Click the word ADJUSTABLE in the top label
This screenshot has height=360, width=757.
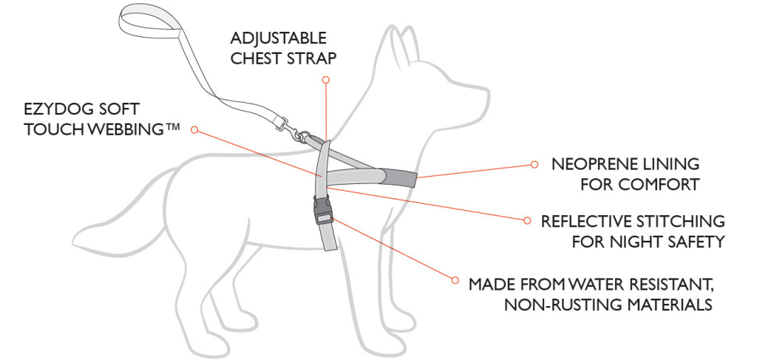pos(279,38)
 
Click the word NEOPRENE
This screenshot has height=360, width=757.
pos(592,164)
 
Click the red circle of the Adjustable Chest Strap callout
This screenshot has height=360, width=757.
pos(326,79)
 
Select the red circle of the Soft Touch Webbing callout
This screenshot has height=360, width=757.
pos(194,129)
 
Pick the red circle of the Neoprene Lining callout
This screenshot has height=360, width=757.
pos(534,164)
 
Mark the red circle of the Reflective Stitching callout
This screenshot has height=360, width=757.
pos(526,220)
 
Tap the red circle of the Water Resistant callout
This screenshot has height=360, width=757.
pos(455,280)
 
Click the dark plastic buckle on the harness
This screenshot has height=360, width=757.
pos(323,211)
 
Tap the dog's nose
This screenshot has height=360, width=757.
pos(486,92)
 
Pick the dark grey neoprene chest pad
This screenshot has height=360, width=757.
pos(398,177)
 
